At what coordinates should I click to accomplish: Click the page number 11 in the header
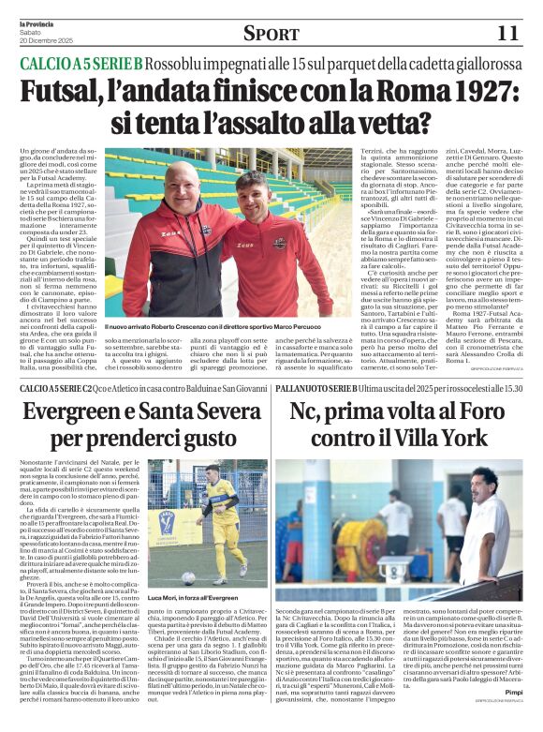[507, 33]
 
